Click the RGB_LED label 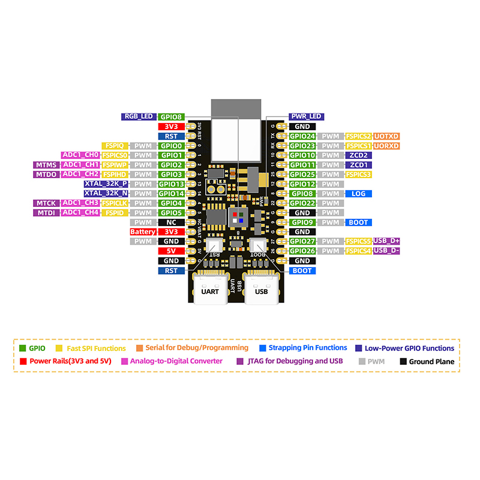coord(139,117)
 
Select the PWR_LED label coord(306,117)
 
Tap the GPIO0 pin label coord(171,146)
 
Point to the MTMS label coord(46,165)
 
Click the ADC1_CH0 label coord(80,155)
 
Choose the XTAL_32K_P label coord(106,184)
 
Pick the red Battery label coord(143,232)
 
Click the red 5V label coord(171,251)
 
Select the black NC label coord(171,223)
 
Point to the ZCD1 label coord(359,165)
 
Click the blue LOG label coord(359,194)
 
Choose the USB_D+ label coord(386,241)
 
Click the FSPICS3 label coord(359,175)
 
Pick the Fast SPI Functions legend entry coord(96,348)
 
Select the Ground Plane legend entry coord(431,362)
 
